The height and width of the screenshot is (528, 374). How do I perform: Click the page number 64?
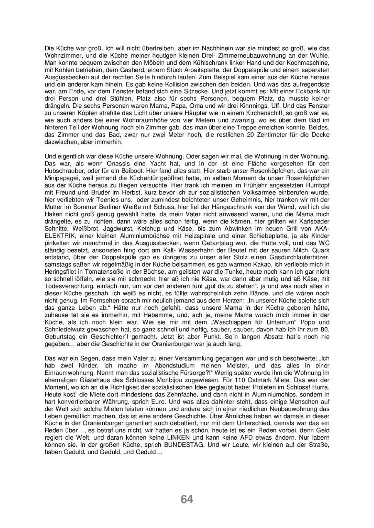187,499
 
